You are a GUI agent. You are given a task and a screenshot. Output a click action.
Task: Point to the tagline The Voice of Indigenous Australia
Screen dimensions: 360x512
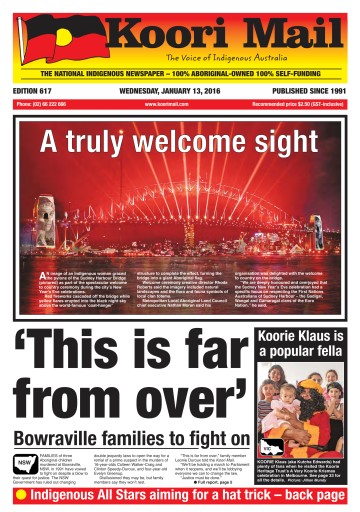[217, 59]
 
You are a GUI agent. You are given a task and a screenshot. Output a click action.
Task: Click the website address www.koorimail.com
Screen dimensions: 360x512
[167, 104]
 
